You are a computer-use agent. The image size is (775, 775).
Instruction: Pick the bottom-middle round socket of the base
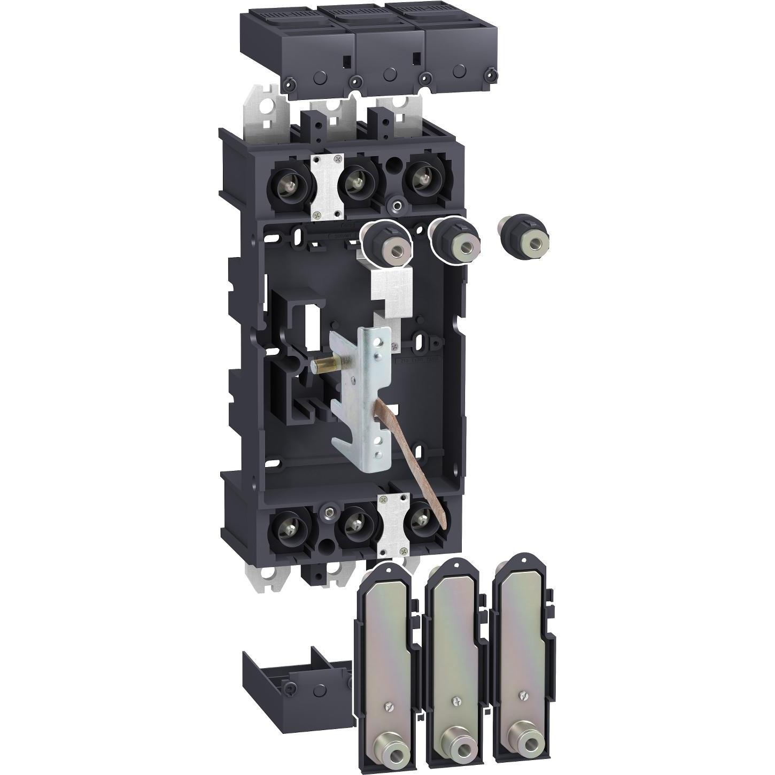[x=354, y=528]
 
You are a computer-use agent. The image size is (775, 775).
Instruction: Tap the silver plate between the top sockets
[x=326, y=187]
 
